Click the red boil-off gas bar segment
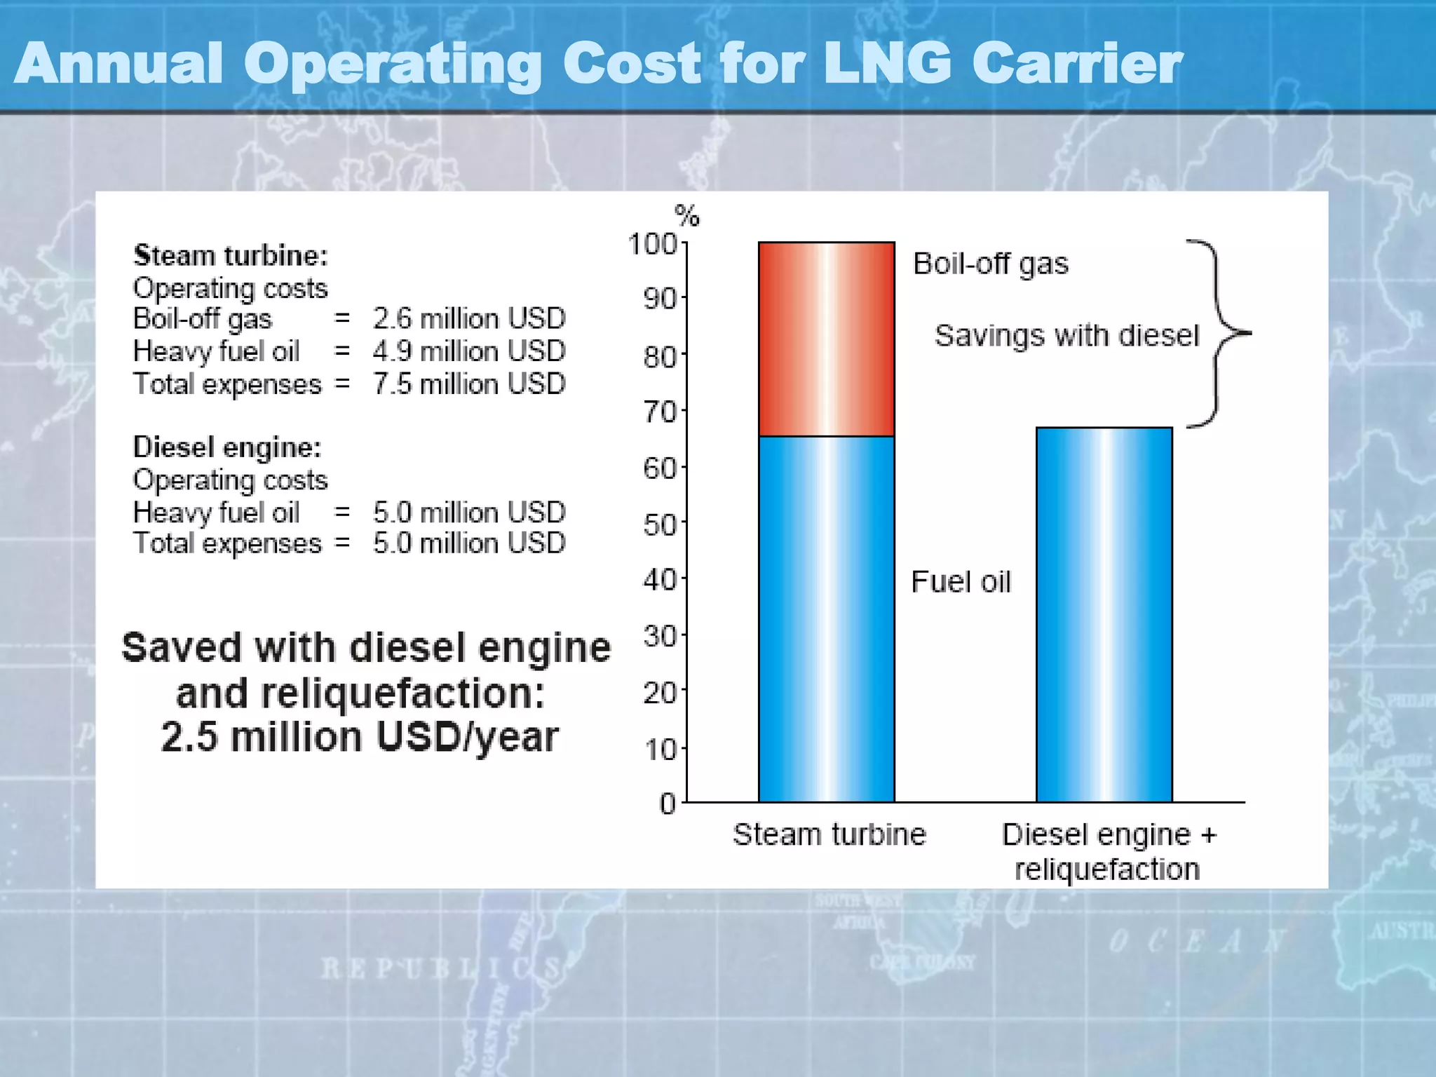click(x=826, y=339)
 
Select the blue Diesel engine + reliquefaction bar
click(x=1104, y=614)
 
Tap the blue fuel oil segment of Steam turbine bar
click(x=826, y=618)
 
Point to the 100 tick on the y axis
click(x=652, y=245)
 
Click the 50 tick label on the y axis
click(x=659, y=525)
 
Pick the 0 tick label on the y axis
click(x=668, y=804)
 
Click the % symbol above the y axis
click(x=686, y=215)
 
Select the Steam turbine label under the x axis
click(x=829, y=834)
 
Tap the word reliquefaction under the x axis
click(x=1106, y=869)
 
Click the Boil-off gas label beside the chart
click(x=990, y=264)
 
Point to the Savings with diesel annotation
click(x=1066, y=335)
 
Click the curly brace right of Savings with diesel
click(x=1220, y=334)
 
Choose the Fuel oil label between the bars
click(x=961, y=582)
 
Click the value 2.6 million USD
click(x=468, y=319)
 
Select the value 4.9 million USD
click(x=468, y=351)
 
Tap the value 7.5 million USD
click(x=468, y=384)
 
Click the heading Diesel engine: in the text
click(x=227, y=447)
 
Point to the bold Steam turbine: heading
click(x=231, y=256)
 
